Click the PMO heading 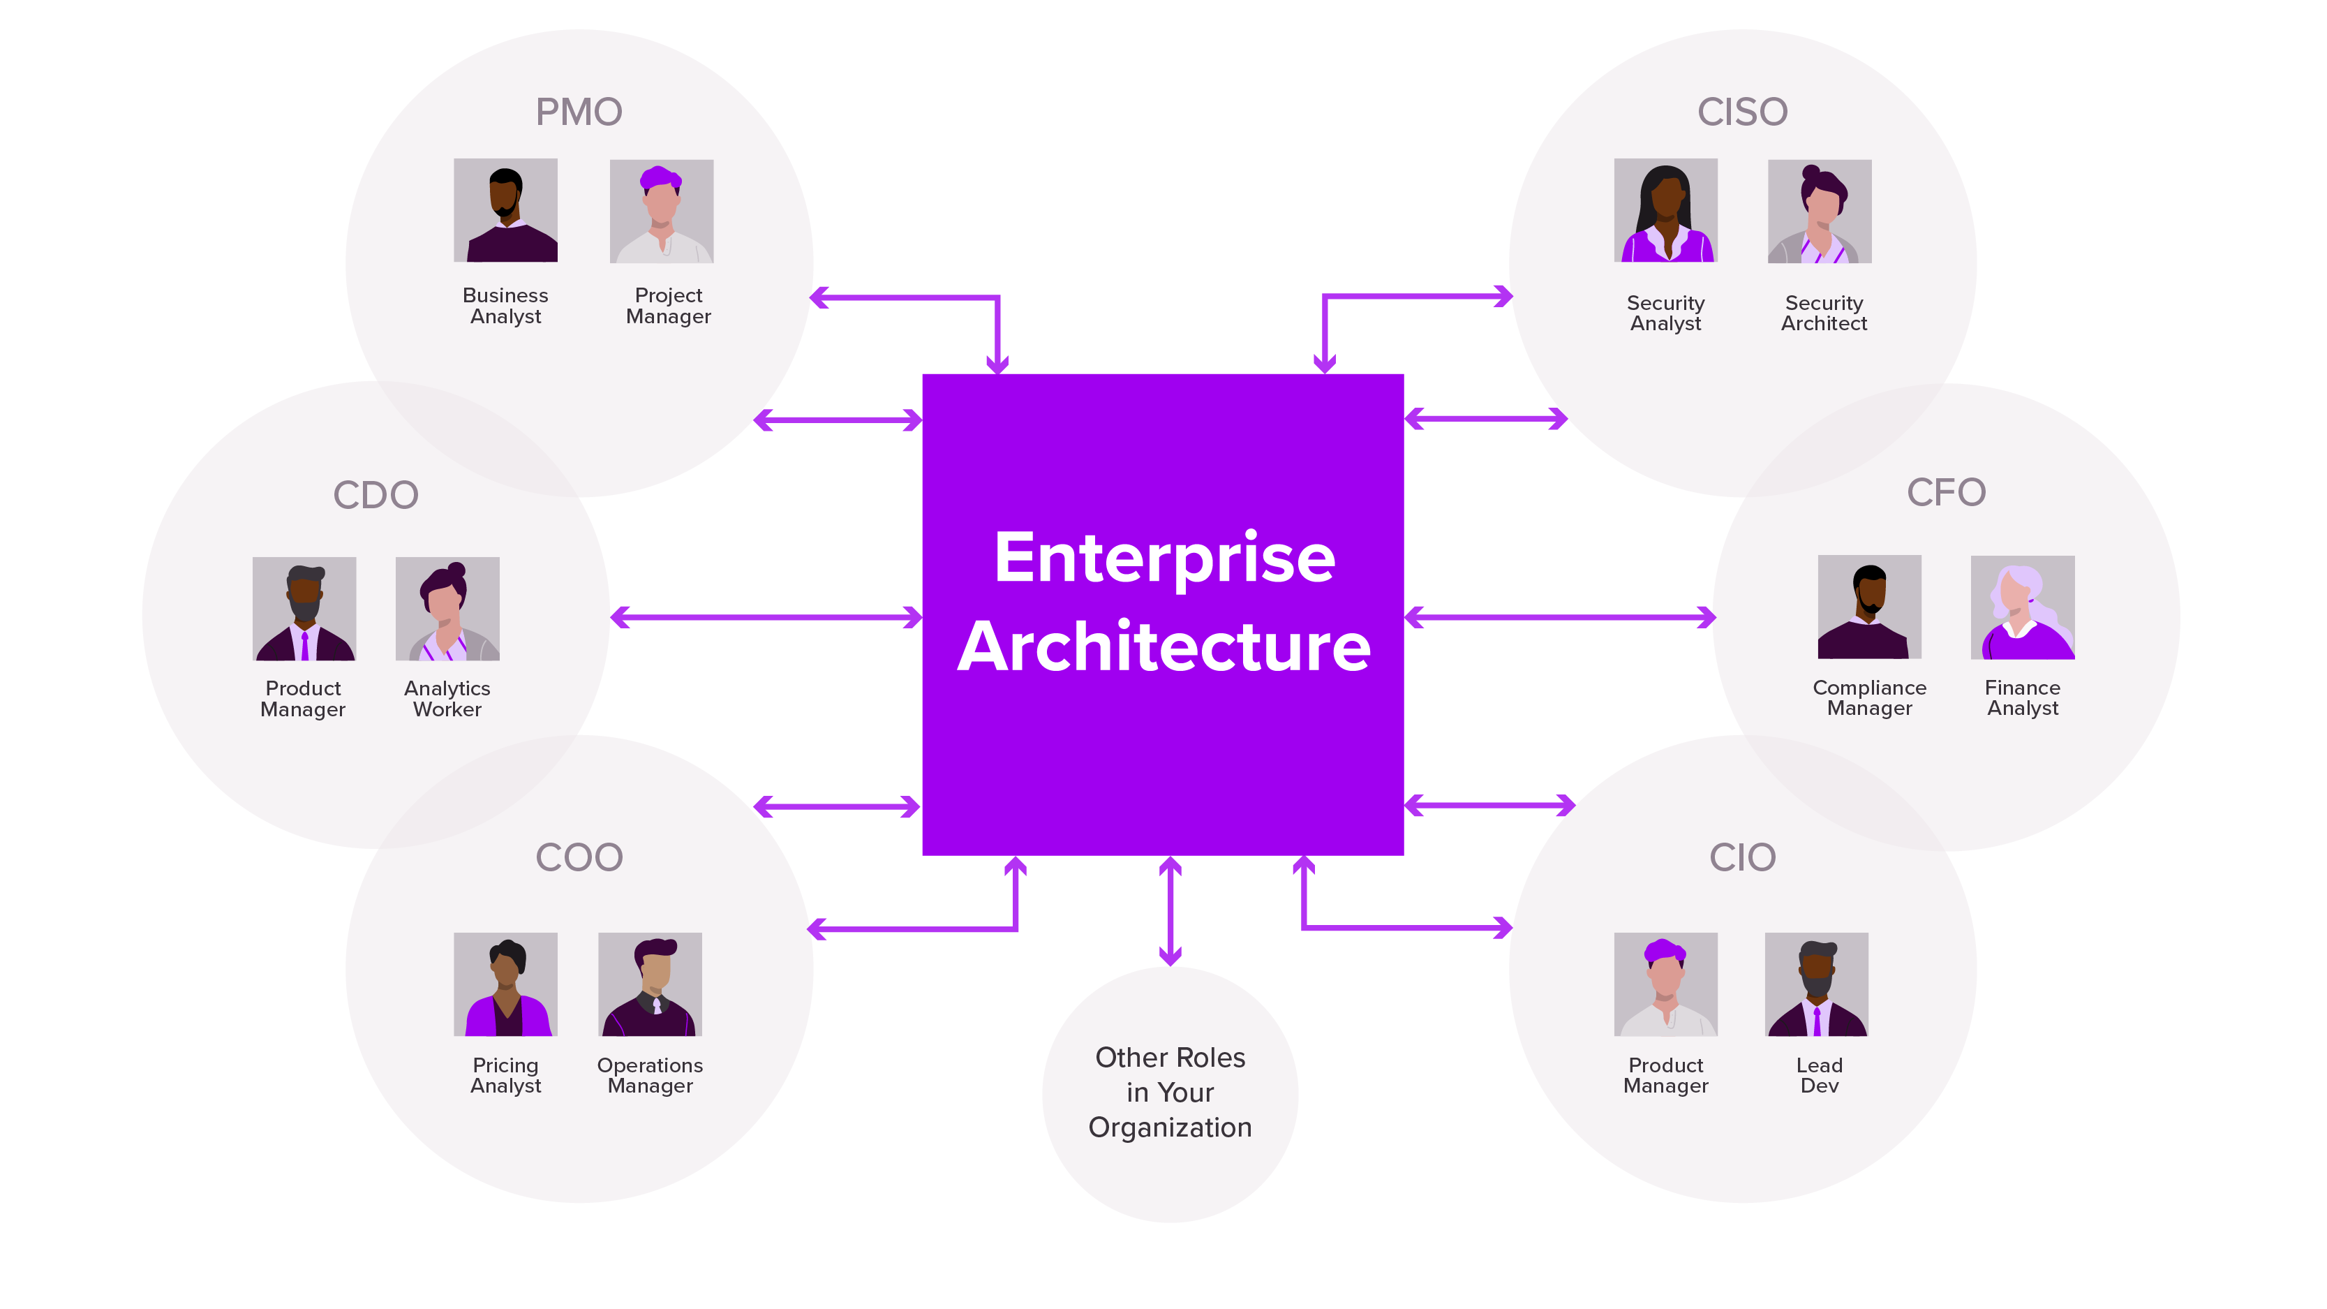[579, 112]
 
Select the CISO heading [1741, 112]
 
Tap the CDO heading [376, 495]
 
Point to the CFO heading [1946, 492]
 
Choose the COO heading [579, 857]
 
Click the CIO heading [1741, 857]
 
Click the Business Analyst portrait [505, 211]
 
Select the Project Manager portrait [661, 212]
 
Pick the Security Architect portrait [1820, 212]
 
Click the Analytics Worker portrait [447, 609]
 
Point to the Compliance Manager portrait [1869, 607]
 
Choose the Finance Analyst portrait [2023, 607]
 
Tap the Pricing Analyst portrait [505, 984]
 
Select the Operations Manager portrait [650, 984]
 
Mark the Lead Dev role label [1818, 1075]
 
